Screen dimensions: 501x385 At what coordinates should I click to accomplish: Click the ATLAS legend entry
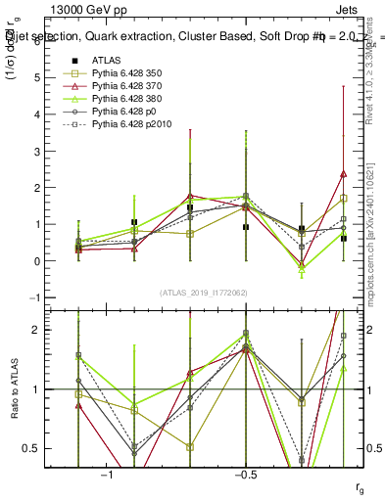pyautogui.click(x=106, y=60)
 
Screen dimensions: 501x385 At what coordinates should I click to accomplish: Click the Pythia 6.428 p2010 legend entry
pyautogui.click(x=133, y=124)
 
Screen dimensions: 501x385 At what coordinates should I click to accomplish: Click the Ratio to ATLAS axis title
pyautogui.click(x=15, y=389)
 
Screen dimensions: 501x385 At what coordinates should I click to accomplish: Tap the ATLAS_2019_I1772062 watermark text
pyautogui.click(x=204, y=293)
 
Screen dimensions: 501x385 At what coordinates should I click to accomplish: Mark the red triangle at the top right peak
pyautogui.click(x=343, y=174)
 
